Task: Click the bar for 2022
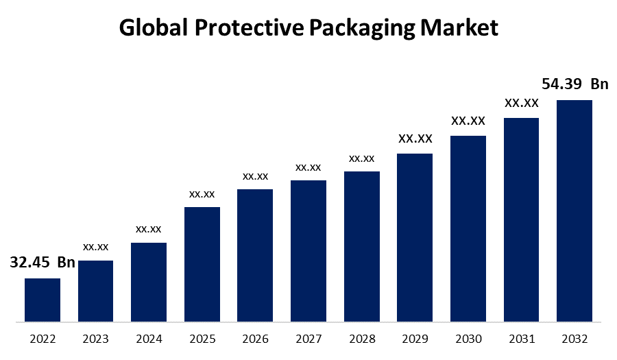(x=43, y=300)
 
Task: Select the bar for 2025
(x=202, y=264)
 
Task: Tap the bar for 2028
(x=362, y=246)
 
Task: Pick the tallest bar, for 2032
(x=574, y=211)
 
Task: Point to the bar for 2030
(x=468, y=228)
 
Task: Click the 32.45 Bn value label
(x=43, y=263)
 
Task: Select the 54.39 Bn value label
(x=574, y=84)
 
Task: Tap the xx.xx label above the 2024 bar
(x=149, y=228)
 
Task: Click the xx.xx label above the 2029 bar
(x=415, y=139)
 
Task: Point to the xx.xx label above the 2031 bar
(x=522, y=103)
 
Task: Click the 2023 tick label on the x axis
(x=96, y=339)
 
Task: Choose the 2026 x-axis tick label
(x=255, y=339)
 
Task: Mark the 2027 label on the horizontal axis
(x=308, y=339)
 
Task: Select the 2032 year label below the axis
(x=574, y=339)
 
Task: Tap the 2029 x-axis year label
(x=415, y=339)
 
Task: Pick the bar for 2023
(x=96, y=291)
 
